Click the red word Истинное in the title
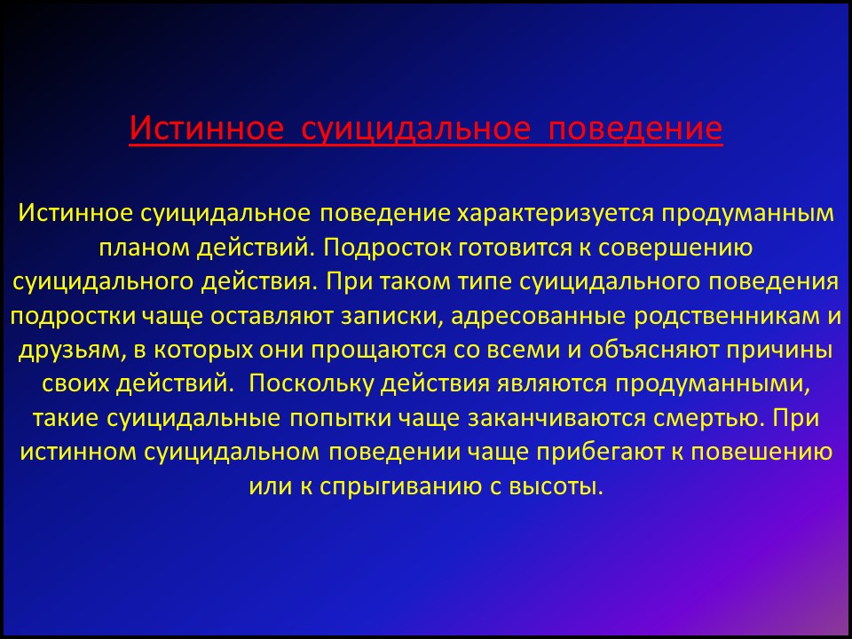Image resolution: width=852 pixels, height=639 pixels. [x=207, y=129]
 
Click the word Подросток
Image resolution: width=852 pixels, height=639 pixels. [x=388, y=248]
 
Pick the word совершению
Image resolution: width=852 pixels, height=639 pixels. [x=676, y=248]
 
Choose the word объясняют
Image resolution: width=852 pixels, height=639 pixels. [x=647, y=350]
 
